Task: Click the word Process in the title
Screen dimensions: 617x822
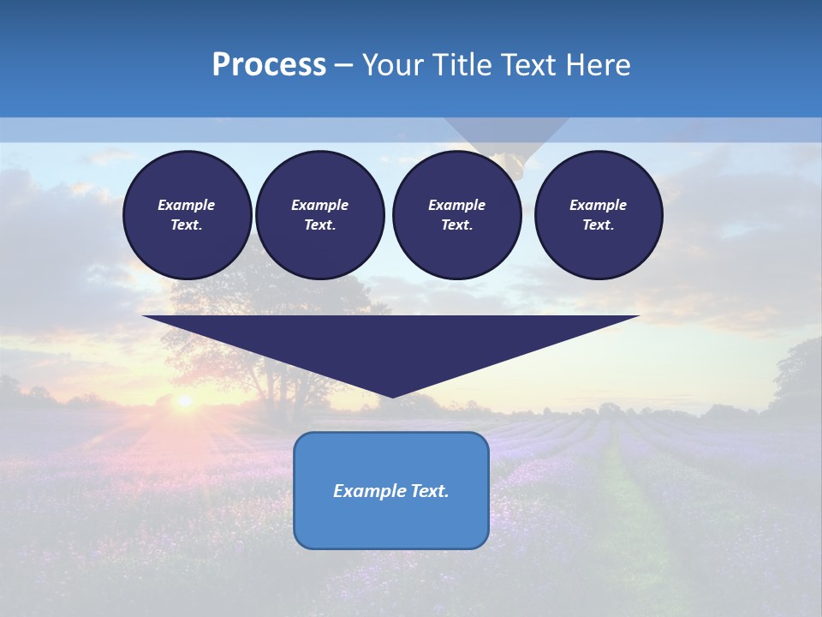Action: click(269, 65)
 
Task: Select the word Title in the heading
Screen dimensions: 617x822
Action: click(466, 65)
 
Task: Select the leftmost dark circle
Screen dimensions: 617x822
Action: click(187, 215)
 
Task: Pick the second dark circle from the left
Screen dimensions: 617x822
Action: click(319, 215)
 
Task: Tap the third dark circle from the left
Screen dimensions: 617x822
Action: click(456, 215)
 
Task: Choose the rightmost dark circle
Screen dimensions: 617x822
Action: click(599, 215)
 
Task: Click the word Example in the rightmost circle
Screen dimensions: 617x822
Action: click(598, 205)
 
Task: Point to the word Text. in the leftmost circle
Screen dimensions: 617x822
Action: click(187, 225)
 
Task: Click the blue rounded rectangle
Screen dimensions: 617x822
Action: click(391, 514)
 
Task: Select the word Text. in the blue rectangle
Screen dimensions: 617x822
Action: click(427, 491)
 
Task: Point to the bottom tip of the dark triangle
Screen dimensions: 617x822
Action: click(391, 397)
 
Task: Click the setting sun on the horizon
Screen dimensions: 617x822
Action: click(183, 401)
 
